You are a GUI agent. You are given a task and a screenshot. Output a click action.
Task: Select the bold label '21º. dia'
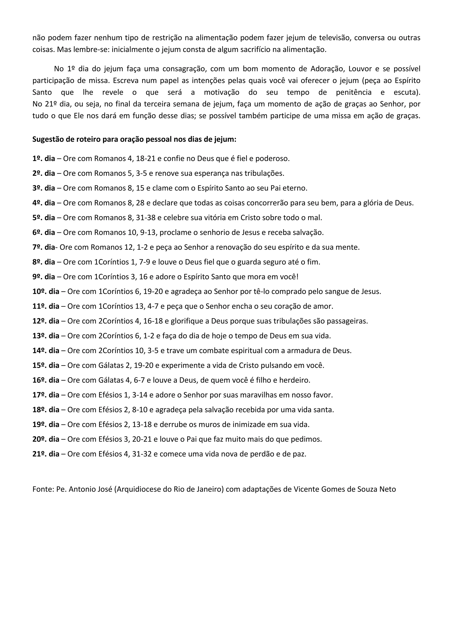click(46, 454)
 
